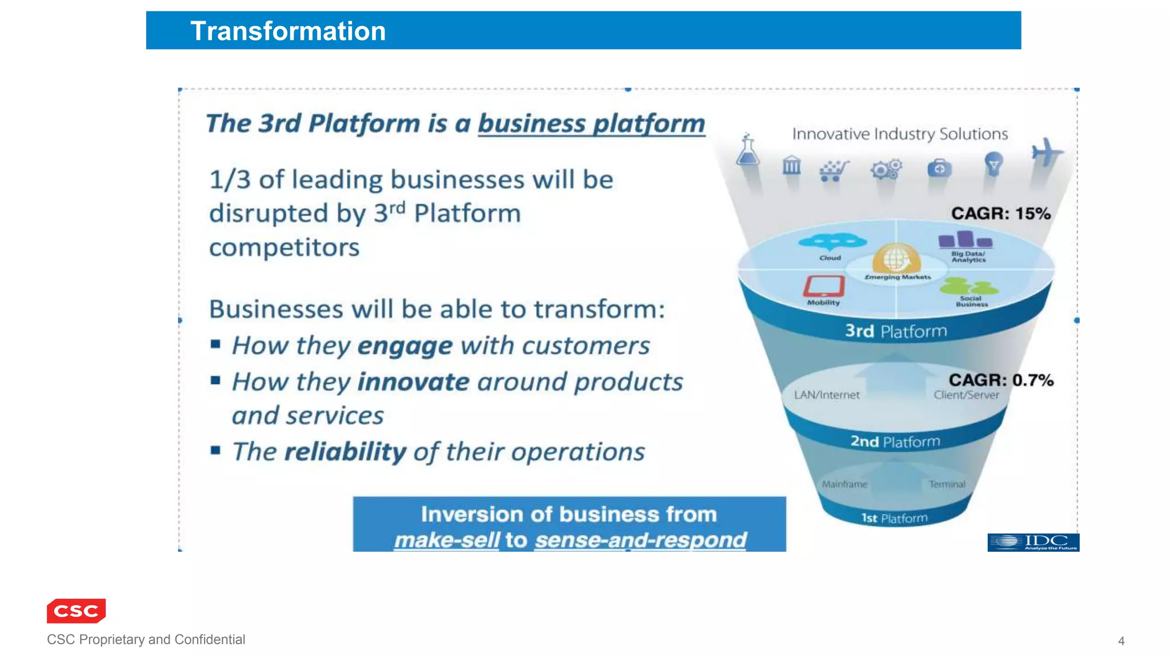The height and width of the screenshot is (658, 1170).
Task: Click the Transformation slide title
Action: click(287, 31)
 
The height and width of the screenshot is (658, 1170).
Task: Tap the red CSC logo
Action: click(76, 611)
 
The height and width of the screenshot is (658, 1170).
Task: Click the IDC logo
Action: click(1033, 542)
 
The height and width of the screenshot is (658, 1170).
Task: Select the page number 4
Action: click(1121, 641)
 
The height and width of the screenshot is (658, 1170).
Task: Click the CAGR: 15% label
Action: click(1000, 214)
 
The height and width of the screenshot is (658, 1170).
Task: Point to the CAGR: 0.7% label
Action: click(1001, 380)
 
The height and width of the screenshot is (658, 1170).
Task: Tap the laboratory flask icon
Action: click(747, 150)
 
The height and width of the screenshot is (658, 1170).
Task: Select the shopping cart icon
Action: click(834, 170)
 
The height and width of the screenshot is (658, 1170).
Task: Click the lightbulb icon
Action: click(993, 164)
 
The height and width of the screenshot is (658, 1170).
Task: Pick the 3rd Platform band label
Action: click(896, 331)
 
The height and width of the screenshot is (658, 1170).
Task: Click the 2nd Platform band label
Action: click(895, 442)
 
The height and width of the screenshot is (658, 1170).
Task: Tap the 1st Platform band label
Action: click(894, 518)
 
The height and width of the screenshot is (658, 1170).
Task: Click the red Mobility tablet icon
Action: click(824, 286)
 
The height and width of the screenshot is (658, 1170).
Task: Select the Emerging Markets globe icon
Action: click(896, 259)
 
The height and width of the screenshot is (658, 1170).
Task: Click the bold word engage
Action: click(404, 346)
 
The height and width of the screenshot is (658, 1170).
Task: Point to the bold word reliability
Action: click(345, 452)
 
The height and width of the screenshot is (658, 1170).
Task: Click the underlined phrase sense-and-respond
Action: click(640, 540)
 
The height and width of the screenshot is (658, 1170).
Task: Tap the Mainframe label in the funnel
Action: click(844, 484)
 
